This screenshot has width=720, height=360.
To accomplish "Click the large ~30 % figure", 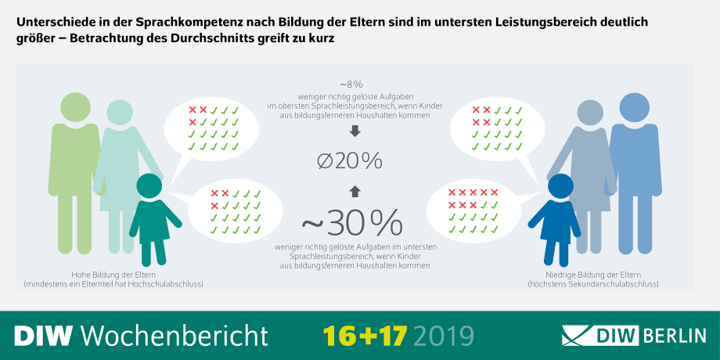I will (351, 222).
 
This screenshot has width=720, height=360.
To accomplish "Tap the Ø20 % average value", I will (350, 161).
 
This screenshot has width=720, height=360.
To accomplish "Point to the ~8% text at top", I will (351, 84).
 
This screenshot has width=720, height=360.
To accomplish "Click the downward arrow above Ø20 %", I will (354, 131).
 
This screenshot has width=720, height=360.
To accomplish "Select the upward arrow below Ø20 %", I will (354, 190).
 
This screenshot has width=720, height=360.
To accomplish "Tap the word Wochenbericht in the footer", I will (175, 335).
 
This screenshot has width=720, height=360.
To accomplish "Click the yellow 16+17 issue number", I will (365, 335).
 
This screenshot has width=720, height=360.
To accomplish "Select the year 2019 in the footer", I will (444, 335).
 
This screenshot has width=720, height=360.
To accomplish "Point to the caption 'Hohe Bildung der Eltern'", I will (113, 275).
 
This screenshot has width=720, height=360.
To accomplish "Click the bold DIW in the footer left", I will (44, 335).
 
